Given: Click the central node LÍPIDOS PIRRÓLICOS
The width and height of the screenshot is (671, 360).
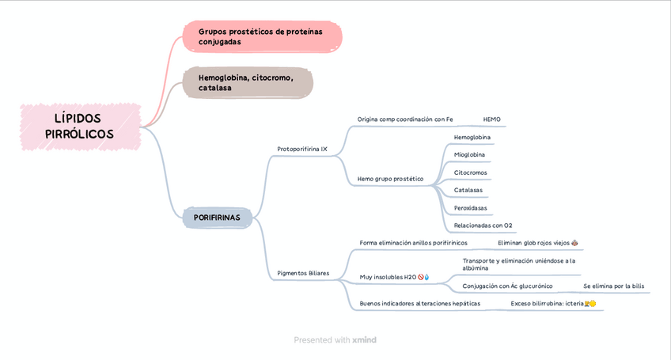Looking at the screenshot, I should (x=79, y=127).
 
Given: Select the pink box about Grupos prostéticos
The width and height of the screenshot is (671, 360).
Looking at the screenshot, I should (x=262, y=36).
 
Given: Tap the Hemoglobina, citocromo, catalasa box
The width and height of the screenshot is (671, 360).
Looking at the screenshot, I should (x=247, y=83).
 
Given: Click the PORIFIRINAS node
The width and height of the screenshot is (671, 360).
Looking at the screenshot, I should (x=217, y=217).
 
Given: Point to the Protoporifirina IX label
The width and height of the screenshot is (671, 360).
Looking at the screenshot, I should (x=302, y=149).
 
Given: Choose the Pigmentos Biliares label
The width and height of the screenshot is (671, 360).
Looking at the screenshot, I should (x=303, y=274).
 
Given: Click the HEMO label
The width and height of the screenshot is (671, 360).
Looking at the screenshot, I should (x=491, y=119).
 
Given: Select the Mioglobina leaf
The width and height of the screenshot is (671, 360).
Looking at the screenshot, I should (x=469, y=154).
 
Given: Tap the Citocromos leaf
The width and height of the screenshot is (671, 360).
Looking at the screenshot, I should (x=470, y=172).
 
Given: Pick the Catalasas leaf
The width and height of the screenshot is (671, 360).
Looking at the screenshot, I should (x=468, y=190).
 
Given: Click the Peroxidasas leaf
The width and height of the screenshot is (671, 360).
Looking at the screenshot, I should (x=470, y=208).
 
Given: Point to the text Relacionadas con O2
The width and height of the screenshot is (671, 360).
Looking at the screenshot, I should (x=483, y=225).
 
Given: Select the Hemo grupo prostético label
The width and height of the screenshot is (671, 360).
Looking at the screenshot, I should (x=390, y=179).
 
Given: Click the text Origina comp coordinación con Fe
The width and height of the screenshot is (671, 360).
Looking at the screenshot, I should (x=404, y=119).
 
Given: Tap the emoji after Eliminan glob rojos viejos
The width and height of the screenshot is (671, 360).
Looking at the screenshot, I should (x=574, y=243).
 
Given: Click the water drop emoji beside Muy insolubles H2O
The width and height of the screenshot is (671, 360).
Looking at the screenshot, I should (x=427, y=277).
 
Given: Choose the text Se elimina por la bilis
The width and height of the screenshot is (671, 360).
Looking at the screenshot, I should (x=613, y=286).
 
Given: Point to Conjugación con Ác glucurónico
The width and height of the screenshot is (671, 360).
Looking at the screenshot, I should (x=507, y=286).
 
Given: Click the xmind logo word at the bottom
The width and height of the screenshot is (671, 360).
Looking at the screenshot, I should (x=365, y=340).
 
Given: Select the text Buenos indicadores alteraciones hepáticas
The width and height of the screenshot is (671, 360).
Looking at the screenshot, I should (x=419, y=303).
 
